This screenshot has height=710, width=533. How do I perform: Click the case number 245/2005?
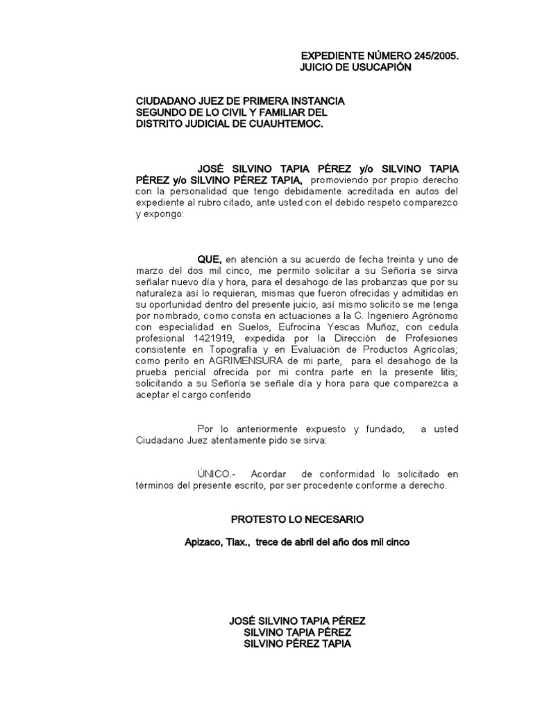click(434, 55)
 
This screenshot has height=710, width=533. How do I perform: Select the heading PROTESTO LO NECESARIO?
click(296, 519)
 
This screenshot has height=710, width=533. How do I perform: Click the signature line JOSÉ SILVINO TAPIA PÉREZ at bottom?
click(297, 621)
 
